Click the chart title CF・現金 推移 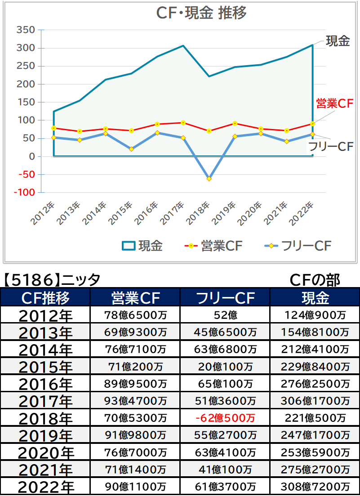point(201,13)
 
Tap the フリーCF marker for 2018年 point(209,179)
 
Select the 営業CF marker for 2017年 point(183,123)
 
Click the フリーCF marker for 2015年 point(131,149)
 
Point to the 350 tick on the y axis point(26,30)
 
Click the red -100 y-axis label point(24,192)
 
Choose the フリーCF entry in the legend point(298,246)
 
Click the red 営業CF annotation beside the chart point(334,103)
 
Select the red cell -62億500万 point(225,418)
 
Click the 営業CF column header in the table point(135,298)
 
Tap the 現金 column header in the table point(315,298)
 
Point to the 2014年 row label point(45,350)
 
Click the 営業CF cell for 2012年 point(135,315)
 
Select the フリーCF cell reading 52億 point(225,315)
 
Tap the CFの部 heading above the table point(315,279)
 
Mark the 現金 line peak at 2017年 point(183,45)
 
